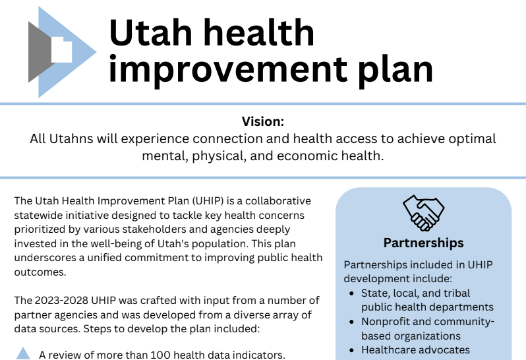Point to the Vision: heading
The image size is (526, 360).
point(262,122)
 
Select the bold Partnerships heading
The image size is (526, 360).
point(423,243)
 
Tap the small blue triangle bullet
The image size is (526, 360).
point(23,353)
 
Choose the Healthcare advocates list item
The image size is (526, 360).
point(415,350)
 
